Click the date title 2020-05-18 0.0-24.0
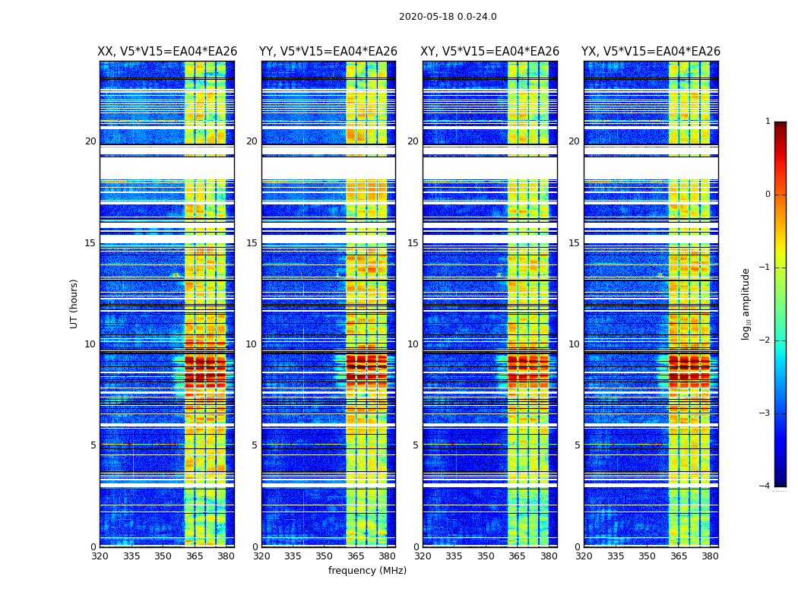point(448,17)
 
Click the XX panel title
point(167,52)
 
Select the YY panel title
point(328,52)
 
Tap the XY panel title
point(490,52)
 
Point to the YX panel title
point(651,52)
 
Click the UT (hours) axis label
point(74,303)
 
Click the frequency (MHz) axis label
point(367,571)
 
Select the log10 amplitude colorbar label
point(746,303)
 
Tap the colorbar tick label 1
point(768,122)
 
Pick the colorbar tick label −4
point(765,486)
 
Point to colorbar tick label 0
point(768,195)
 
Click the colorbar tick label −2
point(765,340)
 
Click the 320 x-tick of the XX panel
point(100,556)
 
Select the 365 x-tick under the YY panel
point(356,556)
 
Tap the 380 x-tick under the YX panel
point(710,556)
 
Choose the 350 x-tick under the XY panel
point(486,556)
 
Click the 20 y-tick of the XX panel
point(90,141)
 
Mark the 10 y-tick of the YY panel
point(252,344)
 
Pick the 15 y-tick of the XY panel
point(413,243)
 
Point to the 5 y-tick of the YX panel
point(578,445)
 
